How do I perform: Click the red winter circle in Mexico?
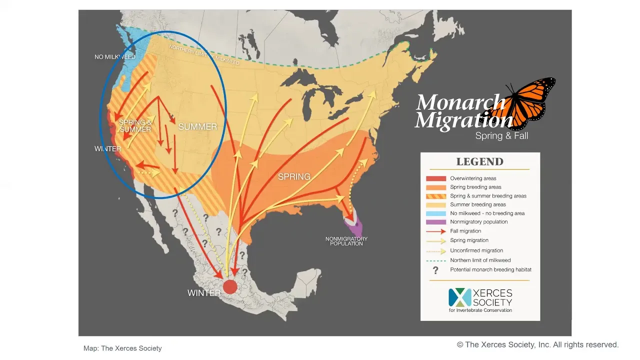pyautogui.click(x=229, y=286)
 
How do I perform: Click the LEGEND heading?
pyautogui.click(x=479, y=162)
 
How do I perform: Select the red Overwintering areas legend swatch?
pyautogui.click(x=435, y=178)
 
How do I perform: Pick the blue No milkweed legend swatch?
pyautogui.click(x=435, y=213)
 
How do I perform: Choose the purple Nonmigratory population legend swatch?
pyautogui.click(x=435, y=222)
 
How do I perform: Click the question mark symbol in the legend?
pyautogui.click(x=435, y=270)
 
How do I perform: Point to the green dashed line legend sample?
pyautogui.click(x=435, y=260)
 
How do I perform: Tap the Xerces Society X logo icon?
pyautogui.click(x=459, y=297)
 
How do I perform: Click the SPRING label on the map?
pyautogui.click(x=294, y=176)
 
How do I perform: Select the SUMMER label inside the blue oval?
pyautogui.click(x=197, y=126)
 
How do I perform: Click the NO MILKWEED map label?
pyautogui.click(x=115, y=57)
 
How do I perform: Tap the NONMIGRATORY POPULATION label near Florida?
pyautogui.click(x=346, y=241)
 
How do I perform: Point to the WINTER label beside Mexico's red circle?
pyautogui.click(x=204, y=293)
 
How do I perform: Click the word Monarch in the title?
pyautogui.click(x=460, y=102)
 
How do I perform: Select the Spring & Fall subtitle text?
pyautogui.click(x=501, y=136)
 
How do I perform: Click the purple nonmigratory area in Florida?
pyautogui.click(x=356, y=228)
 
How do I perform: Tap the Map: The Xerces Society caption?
pyautogui.click(x=122, y=348)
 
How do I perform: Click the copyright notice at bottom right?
pyautogui.click(x=537, y=344)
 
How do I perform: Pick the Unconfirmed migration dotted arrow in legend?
pyautogui.click(x=435, y=250)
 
